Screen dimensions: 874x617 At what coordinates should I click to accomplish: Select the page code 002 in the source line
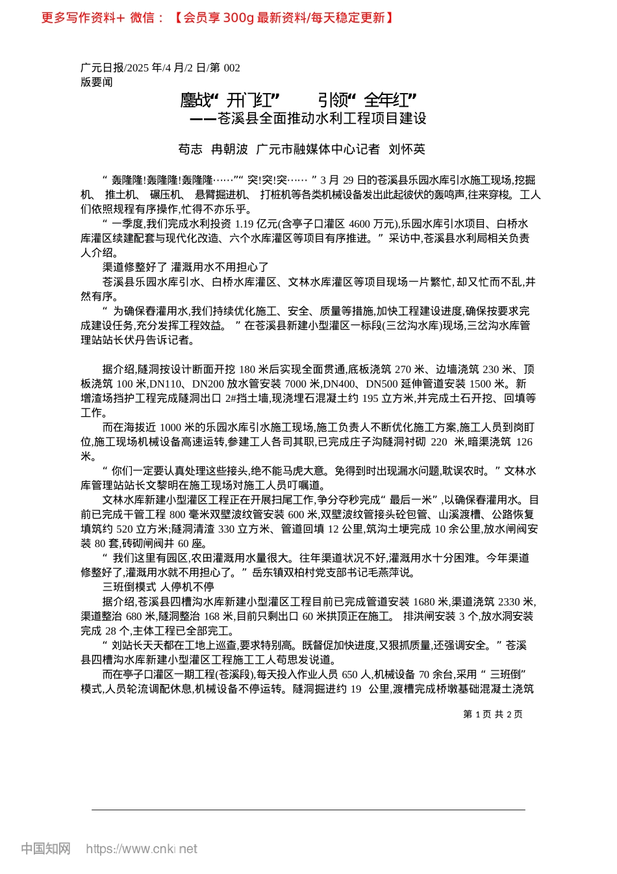pos(232,68)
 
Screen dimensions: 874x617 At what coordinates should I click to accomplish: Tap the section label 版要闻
pos(97,82)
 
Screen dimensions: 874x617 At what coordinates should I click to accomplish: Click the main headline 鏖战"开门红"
pos(230,100)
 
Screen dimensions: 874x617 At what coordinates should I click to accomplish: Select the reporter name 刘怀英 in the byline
pos(407,150)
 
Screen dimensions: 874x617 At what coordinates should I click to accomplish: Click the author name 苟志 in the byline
pos(190,150)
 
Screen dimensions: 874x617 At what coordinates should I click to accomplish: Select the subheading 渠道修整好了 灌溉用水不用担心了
pos(185,267)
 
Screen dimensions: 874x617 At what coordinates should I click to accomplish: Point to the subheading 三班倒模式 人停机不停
pos(158,587)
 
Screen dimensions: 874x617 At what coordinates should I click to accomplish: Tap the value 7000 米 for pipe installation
pos(302,384)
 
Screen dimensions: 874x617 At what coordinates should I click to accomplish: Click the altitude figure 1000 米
pos(179,427)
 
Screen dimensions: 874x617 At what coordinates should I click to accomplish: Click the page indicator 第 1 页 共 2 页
pos(492,714)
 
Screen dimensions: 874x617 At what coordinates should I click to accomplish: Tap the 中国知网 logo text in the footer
pos(45,849)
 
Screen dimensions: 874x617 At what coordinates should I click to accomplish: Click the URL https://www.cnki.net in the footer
pos(142,849)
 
